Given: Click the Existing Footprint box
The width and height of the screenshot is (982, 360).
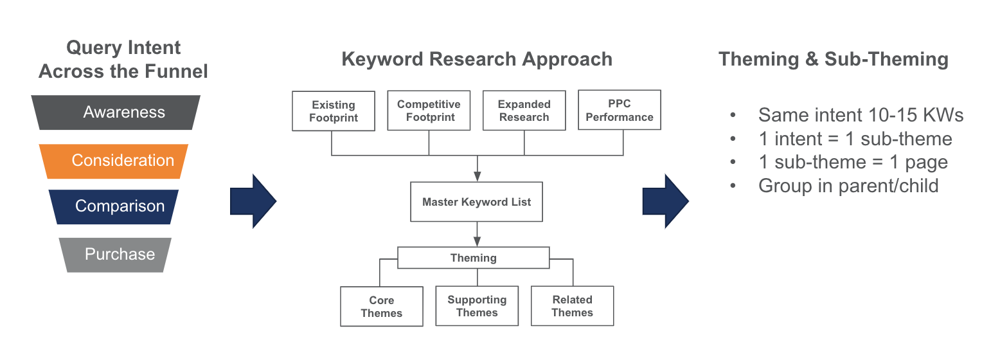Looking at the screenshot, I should [x=334, y=111].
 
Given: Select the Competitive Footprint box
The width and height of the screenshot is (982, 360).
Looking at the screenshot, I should [x=429, y=111].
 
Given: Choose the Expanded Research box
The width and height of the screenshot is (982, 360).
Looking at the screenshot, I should [x=524, y=111].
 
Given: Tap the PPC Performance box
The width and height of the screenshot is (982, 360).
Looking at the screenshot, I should [x=619, y=111].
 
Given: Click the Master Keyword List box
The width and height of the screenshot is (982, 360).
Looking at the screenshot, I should [x=476, y=202].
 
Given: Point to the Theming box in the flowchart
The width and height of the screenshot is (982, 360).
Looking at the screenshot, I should [x=473, y=258].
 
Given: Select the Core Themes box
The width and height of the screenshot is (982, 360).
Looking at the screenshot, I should [x=381, y=307].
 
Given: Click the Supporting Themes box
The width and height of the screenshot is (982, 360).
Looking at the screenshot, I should [x=477, y=306].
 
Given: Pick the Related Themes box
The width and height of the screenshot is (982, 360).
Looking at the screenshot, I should [x=572, y=306].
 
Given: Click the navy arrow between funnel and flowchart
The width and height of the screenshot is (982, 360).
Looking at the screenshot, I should [x=253, y=201].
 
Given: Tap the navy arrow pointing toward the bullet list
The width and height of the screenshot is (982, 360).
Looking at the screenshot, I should [x=665, y=201].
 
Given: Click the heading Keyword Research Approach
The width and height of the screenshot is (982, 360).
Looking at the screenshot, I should [x=476, y=60].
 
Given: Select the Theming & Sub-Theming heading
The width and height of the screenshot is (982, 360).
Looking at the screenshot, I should [x=833, y=60].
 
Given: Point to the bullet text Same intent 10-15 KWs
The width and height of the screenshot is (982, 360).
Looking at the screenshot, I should [x=861, y=115].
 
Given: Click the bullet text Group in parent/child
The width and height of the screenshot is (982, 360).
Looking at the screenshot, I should [x=848, y=186].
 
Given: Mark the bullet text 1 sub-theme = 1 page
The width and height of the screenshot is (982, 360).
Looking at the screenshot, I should [x=853, y=162].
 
